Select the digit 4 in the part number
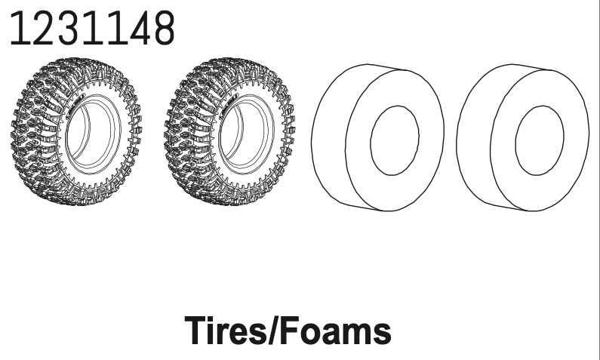pos(140,28)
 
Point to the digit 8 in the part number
pos(164,28)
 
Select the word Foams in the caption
pos(336,330)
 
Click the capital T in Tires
pos(197,330)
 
